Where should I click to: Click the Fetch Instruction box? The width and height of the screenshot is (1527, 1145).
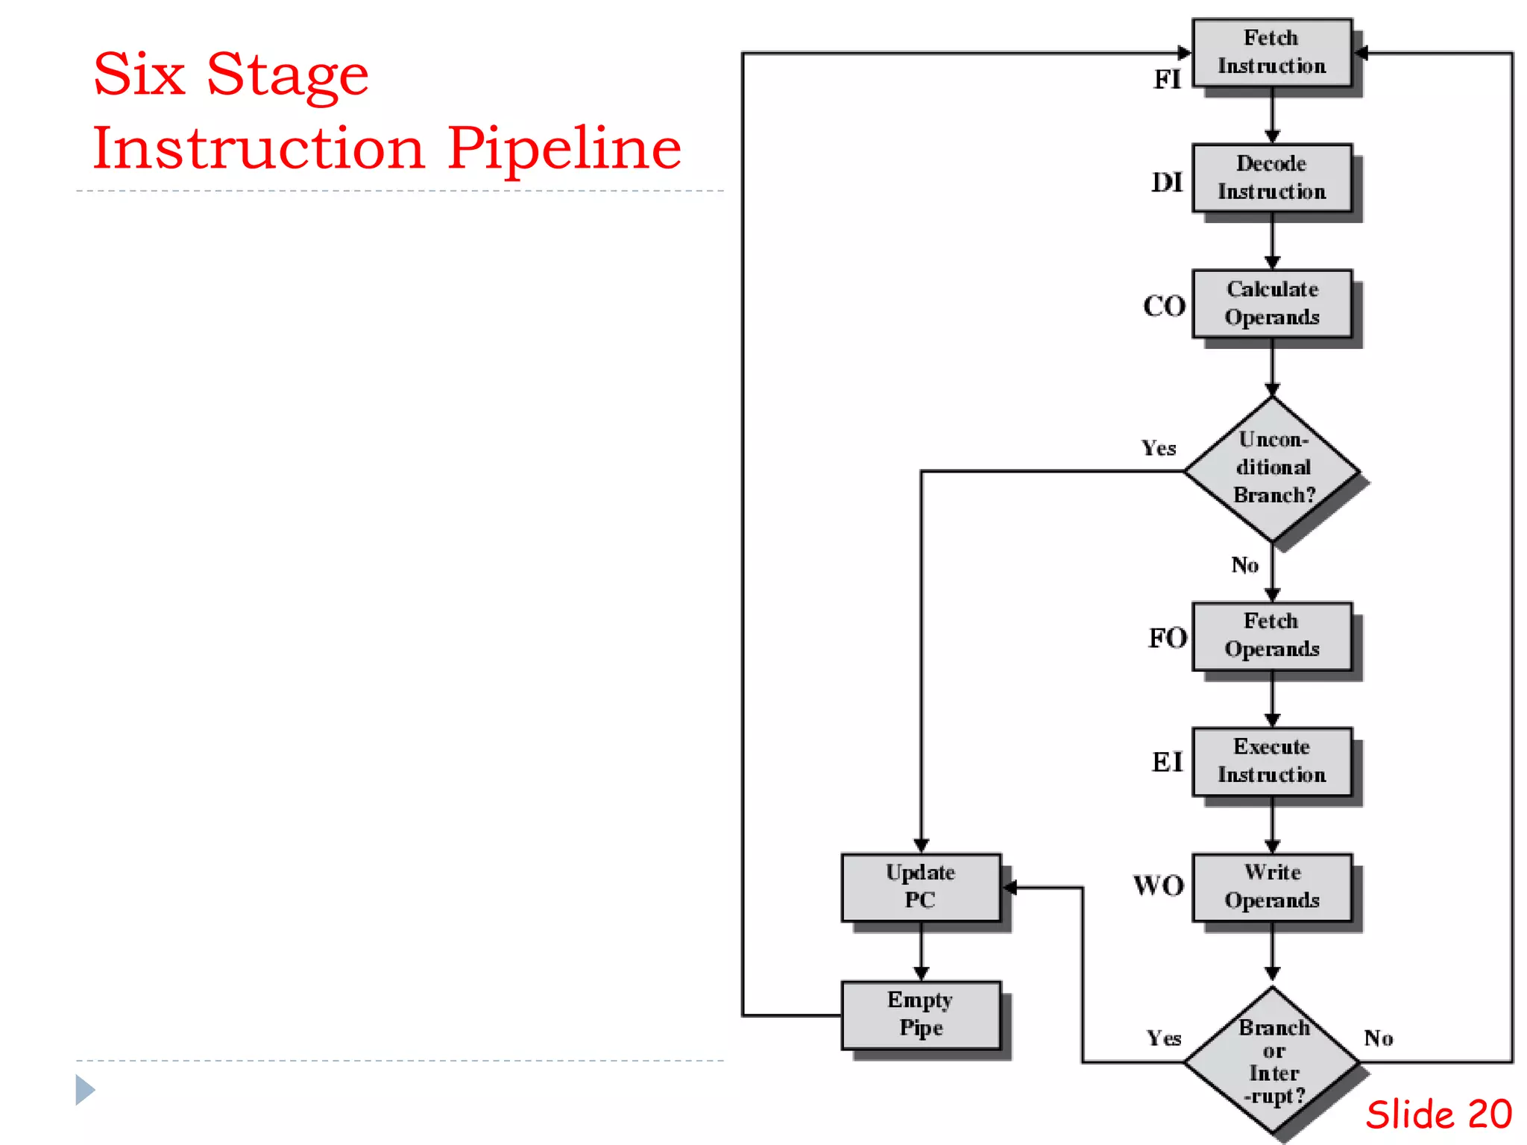coord(1272,52)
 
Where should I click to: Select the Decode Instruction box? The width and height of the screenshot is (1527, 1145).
coord(1272,177)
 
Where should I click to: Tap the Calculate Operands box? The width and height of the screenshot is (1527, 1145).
coord(1272,303)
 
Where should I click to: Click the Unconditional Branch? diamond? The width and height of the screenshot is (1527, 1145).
coord(1272,468)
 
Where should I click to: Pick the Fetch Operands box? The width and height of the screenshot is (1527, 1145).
coord(1272,636)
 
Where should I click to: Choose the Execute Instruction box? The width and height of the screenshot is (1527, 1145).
coord(1272,761)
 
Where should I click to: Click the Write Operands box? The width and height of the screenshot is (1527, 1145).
coord(1272,887)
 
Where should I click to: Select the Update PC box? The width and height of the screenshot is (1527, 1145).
coord(921,887)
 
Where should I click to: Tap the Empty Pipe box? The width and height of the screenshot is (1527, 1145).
coord(921,1015)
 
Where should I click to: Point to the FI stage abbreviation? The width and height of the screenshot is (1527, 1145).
coord(1167,79)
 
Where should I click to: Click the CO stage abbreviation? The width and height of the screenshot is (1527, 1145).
coord(1164,306)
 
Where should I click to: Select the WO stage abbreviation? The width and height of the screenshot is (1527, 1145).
coord(1159,886)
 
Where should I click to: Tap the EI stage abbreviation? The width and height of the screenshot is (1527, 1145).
coord(1167,762)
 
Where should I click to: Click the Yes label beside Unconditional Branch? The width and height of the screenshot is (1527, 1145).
coord(1158,448)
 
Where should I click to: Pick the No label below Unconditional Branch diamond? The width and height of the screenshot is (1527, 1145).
coord(1244,565)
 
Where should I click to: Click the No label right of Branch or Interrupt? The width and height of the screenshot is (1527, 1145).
coord(1378,1038)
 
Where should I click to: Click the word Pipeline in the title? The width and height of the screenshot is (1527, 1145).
coord(564,148)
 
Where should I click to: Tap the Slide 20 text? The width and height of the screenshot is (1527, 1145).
coord(1438,1115)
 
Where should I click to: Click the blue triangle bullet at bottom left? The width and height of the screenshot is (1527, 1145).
coord(84,1090)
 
